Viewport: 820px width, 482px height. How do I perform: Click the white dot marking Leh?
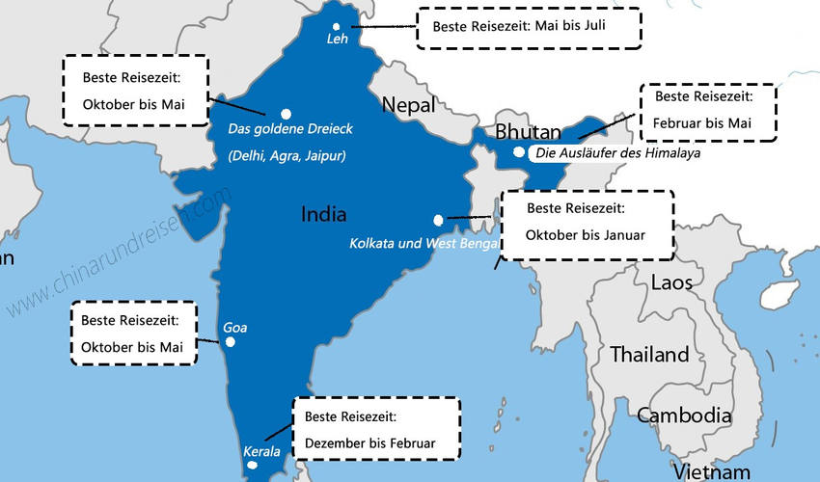point(336,27)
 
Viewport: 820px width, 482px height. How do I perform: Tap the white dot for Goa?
point(230,341)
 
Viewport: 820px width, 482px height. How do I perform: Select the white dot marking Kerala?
point(253,465)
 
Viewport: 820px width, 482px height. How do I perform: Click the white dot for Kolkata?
point(439,219)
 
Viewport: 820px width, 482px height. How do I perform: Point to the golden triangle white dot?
point(286,114)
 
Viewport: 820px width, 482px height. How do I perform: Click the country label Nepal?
point(409,104)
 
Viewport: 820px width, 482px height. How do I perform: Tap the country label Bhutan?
point(529,132)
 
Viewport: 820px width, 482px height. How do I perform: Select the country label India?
point(323,214)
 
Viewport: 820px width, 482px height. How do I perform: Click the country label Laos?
point(671,282)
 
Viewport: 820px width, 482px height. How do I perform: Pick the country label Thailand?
point(649,354)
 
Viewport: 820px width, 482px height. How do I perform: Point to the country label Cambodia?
point(684,415)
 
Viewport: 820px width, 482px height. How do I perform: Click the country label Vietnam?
point(711,471)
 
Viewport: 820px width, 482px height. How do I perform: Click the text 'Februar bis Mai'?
point(701,122)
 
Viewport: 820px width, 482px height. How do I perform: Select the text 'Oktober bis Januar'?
point(586,234)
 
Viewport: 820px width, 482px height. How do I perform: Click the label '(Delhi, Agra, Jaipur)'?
point(287,155)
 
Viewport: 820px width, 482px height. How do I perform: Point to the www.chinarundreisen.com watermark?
point(119,252)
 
